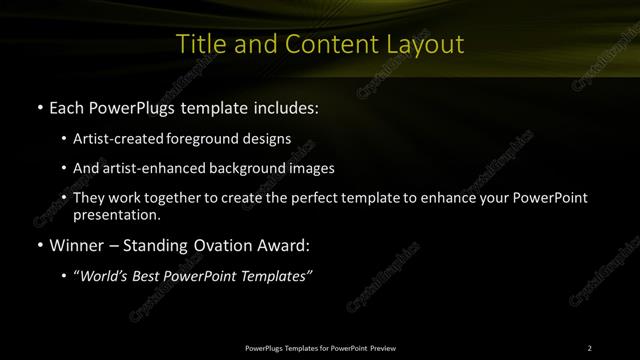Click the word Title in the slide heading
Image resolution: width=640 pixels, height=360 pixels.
point(199,44)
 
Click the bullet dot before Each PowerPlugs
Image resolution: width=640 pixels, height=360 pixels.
point(38,106)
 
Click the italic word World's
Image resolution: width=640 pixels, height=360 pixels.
point(103,275)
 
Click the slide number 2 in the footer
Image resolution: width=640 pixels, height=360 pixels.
point(590,347)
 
